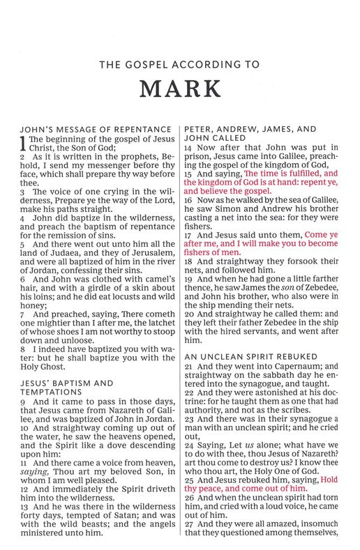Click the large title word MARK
(179, 91)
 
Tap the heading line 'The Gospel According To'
(179, 65)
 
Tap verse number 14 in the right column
(188, 148)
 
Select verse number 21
(188, 366)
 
